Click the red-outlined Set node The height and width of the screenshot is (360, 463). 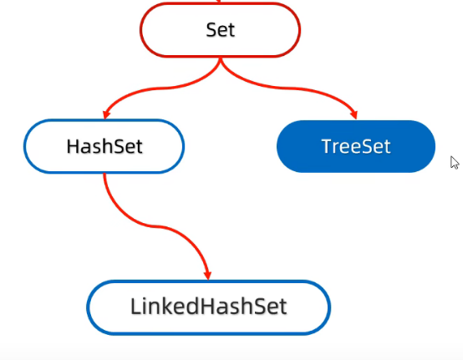pyautogui.click(x=221, y=29)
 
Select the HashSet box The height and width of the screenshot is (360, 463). pyautogui.click(x=104, y=146)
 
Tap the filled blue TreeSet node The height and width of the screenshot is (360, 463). pyautogui.click(x=356, y=146)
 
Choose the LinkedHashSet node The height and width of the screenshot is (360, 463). pyautogui.click(x=208, y=307)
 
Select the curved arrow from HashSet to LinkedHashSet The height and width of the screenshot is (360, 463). pyautogui.click(x=154, y=226)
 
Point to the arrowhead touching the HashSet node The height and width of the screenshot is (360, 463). pyautogui.click(x=105, y=114)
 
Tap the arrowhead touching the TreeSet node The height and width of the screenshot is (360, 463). pyautogui.click(x=354, y=114)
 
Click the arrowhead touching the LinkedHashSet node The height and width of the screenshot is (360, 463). pyautogui.click(x=208, y=275)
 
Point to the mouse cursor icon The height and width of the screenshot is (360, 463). pyautogui.click(x=455, y=163)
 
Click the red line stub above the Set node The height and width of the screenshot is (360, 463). pyautogui.click(x=219, y=1)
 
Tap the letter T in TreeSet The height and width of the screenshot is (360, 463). pyautogui.click(x=328, y=146)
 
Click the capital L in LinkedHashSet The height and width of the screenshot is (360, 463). pyautogui.click(x=135, y=307)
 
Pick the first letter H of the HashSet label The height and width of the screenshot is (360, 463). pyautogui.click(x=73, y=146)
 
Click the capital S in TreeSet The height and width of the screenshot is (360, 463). pyautogui.click(x=368, y=146)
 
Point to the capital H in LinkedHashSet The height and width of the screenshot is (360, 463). pyautogui.click(x=209, y=307)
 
